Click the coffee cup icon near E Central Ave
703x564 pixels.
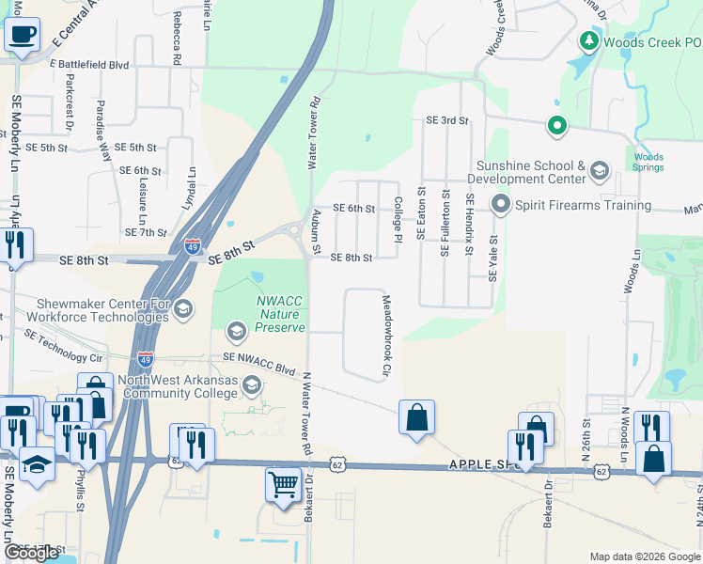tap(22, 35)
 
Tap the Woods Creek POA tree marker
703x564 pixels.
tap(589, 41)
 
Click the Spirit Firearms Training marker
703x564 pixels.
tap(500, 204)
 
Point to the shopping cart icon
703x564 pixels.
tap(283, 485)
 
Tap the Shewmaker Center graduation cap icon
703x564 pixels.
tap(183, 309)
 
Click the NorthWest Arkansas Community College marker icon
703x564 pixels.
tap(251, 385)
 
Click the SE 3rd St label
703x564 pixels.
tap(446, 120)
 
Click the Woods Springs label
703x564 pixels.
tap(648, 163)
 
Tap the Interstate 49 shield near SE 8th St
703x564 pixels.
tap(192, 246)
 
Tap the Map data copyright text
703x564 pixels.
tap(645, 556)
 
